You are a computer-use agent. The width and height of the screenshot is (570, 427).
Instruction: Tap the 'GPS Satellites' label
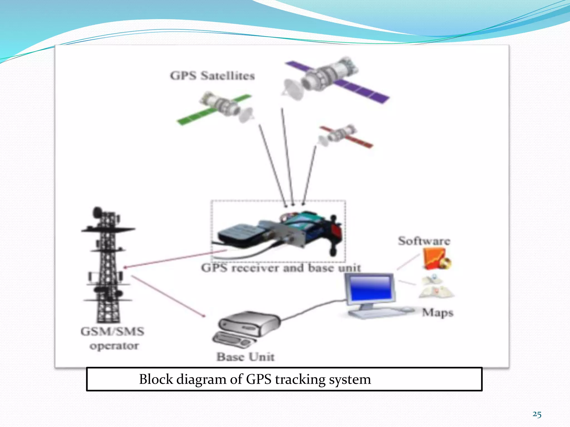tap(212, 76)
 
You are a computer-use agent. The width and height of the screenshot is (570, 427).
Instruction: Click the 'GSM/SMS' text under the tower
tap(112, 331)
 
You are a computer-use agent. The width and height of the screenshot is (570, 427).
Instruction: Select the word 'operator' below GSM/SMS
tap(114, 346)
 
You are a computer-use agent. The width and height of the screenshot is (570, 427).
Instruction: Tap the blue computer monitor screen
tap(370, 288)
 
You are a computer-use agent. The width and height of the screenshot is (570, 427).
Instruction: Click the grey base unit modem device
tap(248, 324)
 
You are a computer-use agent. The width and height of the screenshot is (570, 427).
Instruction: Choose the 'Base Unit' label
tap(245, 357)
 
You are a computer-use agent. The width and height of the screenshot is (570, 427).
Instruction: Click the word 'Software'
tap(424, 241)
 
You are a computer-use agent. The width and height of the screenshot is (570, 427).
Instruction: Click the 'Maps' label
tap(438, 312)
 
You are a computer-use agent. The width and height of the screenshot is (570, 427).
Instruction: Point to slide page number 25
tap(537, 414)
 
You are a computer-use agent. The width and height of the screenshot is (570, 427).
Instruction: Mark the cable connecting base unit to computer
tap(312, 309)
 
